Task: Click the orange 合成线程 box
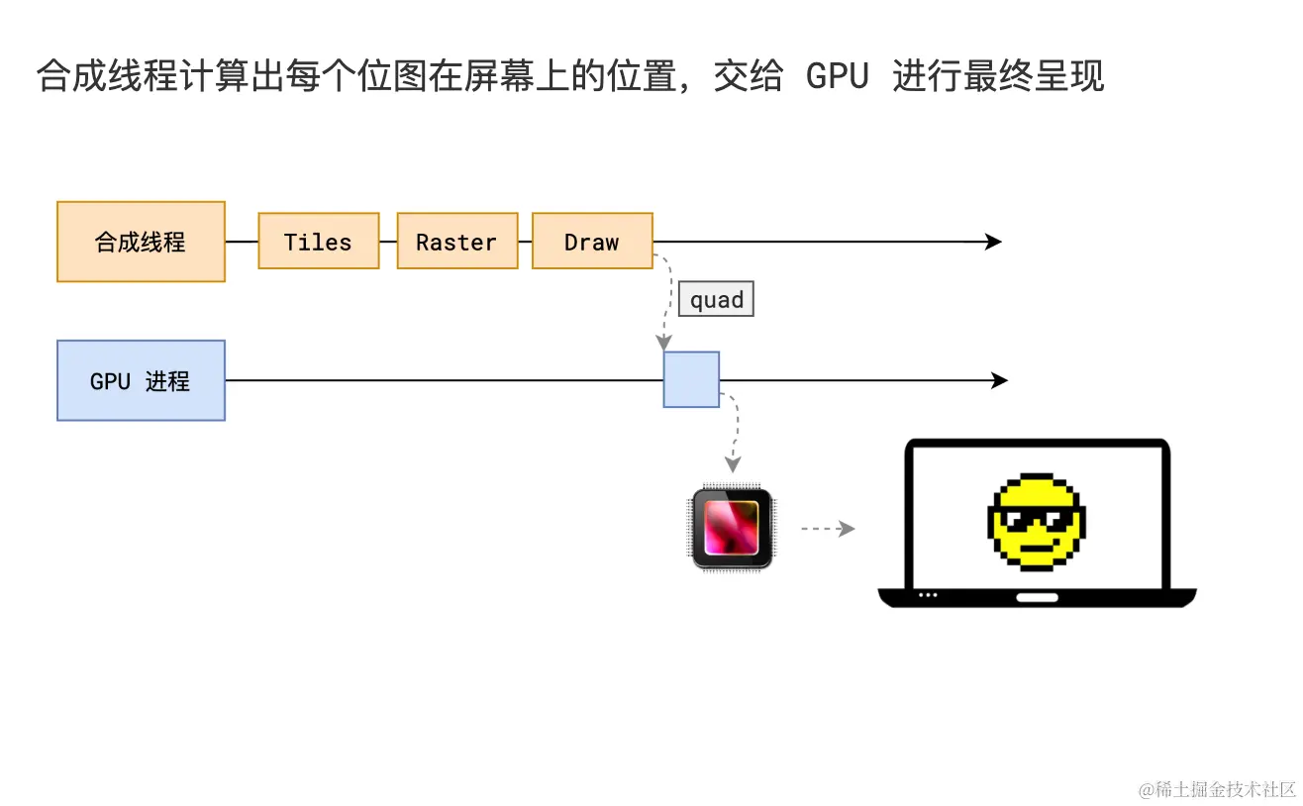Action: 141,242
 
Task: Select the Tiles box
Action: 318,242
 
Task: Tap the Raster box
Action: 456,242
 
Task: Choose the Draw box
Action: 592,242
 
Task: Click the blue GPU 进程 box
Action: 141,380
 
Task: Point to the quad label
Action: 716,299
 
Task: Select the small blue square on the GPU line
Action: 691,379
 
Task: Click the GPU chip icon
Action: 732,528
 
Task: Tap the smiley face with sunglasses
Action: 1037,522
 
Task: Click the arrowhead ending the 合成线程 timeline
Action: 993,242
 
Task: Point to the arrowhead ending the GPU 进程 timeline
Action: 999,380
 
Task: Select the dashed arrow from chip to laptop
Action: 827,529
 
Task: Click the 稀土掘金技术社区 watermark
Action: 1217,788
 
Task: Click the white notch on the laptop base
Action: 1037,597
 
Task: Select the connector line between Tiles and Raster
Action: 388,242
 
